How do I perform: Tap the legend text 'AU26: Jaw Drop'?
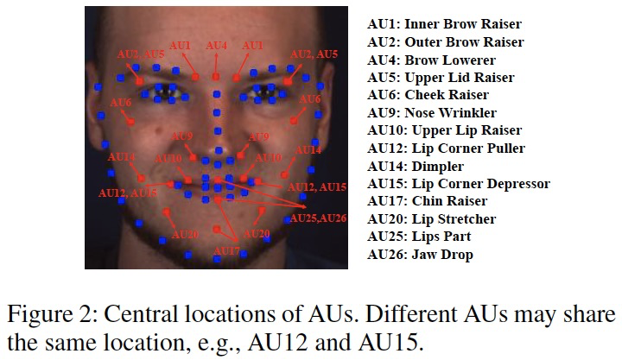(x=420, y=255)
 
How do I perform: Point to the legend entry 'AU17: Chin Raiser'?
(x=429, y=201)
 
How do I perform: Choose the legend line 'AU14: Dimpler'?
(x=416, y=166)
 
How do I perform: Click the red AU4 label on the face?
(x=216, y=44)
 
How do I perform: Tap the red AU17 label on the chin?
(x=226, y=251)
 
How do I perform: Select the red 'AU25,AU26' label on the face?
(x=318, y=218)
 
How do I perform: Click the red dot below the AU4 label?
(x=216, y=77)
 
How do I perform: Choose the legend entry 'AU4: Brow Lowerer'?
(x=432, y=60)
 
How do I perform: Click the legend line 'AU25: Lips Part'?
(x=419, y=237)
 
